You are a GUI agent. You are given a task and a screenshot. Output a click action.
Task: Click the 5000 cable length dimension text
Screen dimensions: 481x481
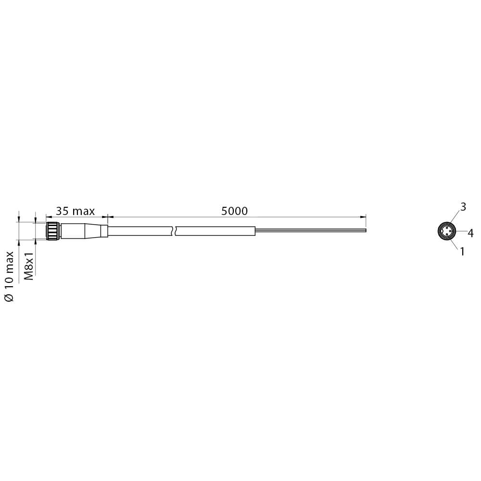point(234,211)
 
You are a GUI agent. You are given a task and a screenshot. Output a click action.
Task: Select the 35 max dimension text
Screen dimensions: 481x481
point(75,211)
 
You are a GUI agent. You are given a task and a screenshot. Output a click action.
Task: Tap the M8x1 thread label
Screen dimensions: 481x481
point(29,266)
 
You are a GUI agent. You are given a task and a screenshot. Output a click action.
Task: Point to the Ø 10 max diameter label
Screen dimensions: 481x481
point(10,277)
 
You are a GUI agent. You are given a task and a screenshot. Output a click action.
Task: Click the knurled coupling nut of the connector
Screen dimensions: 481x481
point(53,231)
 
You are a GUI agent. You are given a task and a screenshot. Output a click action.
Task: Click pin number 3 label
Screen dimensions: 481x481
point(463,207)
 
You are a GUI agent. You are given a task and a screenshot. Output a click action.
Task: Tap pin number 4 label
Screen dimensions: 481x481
point(470,233)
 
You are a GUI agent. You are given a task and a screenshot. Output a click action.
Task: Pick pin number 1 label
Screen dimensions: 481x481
point(462,252)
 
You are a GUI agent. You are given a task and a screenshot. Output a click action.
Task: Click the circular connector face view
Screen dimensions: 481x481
point(446,231)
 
